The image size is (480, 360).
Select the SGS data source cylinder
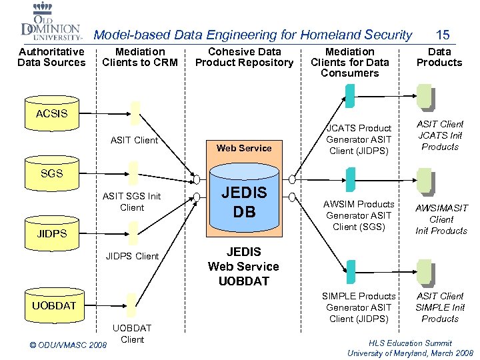52,173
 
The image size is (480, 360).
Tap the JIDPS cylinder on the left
52,234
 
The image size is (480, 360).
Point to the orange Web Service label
244,148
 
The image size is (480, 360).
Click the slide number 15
443,34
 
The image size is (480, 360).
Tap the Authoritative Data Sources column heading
51,57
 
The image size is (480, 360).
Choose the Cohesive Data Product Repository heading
244,57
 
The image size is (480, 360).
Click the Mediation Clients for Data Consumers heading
350,62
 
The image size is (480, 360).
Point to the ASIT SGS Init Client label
132,201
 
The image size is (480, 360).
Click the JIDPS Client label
133,256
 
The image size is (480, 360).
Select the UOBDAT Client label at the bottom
132,333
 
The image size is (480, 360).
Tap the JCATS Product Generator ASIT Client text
359,139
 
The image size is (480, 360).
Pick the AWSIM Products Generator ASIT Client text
359,215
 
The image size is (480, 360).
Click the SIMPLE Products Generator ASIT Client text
359,307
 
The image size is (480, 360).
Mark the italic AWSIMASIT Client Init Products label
441,219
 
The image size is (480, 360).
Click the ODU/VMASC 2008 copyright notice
69,345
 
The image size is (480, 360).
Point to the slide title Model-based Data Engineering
253,35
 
